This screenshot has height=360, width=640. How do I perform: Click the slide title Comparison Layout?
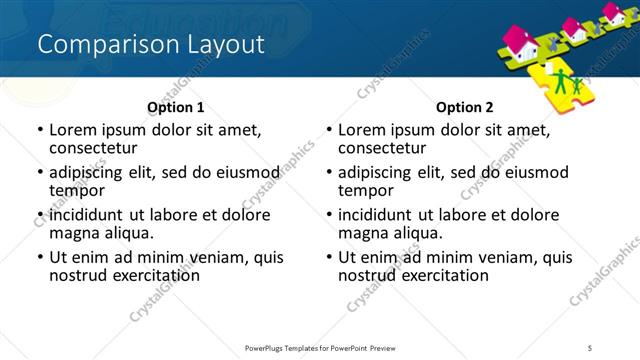pos(150,45)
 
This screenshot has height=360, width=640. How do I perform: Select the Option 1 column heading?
pos(175,107)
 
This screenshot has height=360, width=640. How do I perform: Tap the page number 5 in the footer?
pos(591,347)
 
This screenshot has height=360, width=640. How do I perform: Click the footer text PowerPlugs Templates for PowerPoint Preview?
pos(319,347)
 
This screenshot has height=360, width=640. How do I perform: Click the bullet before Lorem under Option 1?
pos(39,130)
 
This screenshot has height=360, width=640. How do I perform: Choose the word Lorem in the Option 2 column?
pos(362,129)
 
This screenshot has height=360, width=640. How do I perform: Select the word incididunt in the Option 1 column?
pos(88,215)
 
